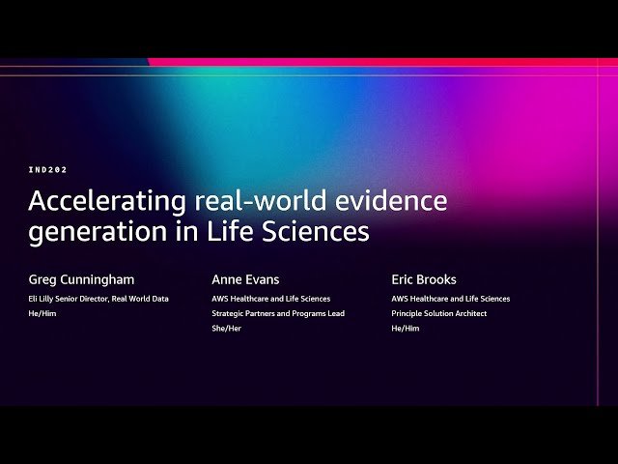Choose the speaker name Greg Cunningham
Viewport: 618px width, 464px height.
point(81,279)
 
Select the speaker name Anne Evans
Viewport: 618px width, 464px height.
point(244,279)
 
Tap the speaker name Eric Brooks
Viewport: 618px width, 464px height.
point(424,279)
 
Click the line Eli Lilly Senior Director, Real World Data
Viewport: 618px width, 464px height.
point(98,299)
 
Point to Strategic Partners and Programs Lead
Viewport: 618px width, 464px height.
point(278,313)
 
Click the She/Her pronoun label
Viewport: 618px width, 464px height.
point(227,328)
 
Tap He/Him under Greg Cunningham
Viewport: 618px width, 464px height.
point(42,313)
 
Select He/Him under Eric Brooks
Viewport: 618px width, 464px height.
point(406,328)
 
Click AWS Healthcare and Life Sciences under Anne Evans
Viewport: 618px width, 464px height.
point(270,299)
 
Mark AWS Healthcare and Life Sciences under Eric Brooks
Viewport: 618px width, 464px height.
point(451,299)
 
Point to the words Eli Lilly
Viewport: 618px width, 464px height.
point(42,299)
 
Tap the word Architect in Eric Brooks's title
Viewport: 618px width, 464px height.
point(468,313)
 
